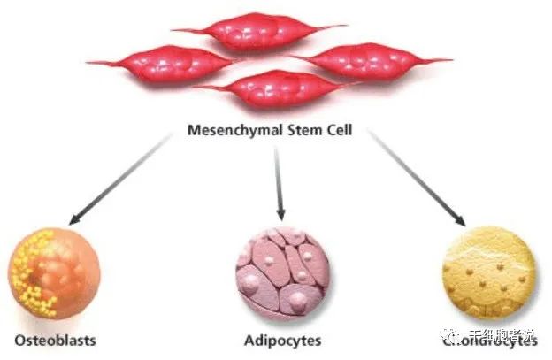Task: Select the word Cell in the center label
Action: [x=341, y=131]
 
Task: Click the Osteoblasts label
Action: [x=55, y=339]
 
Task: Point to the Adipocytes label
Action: [x=282, y=340]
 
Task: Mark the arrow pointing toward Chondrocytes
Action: [x=416, y=177]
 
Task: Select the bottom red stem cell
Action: [x=273, y=89]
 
